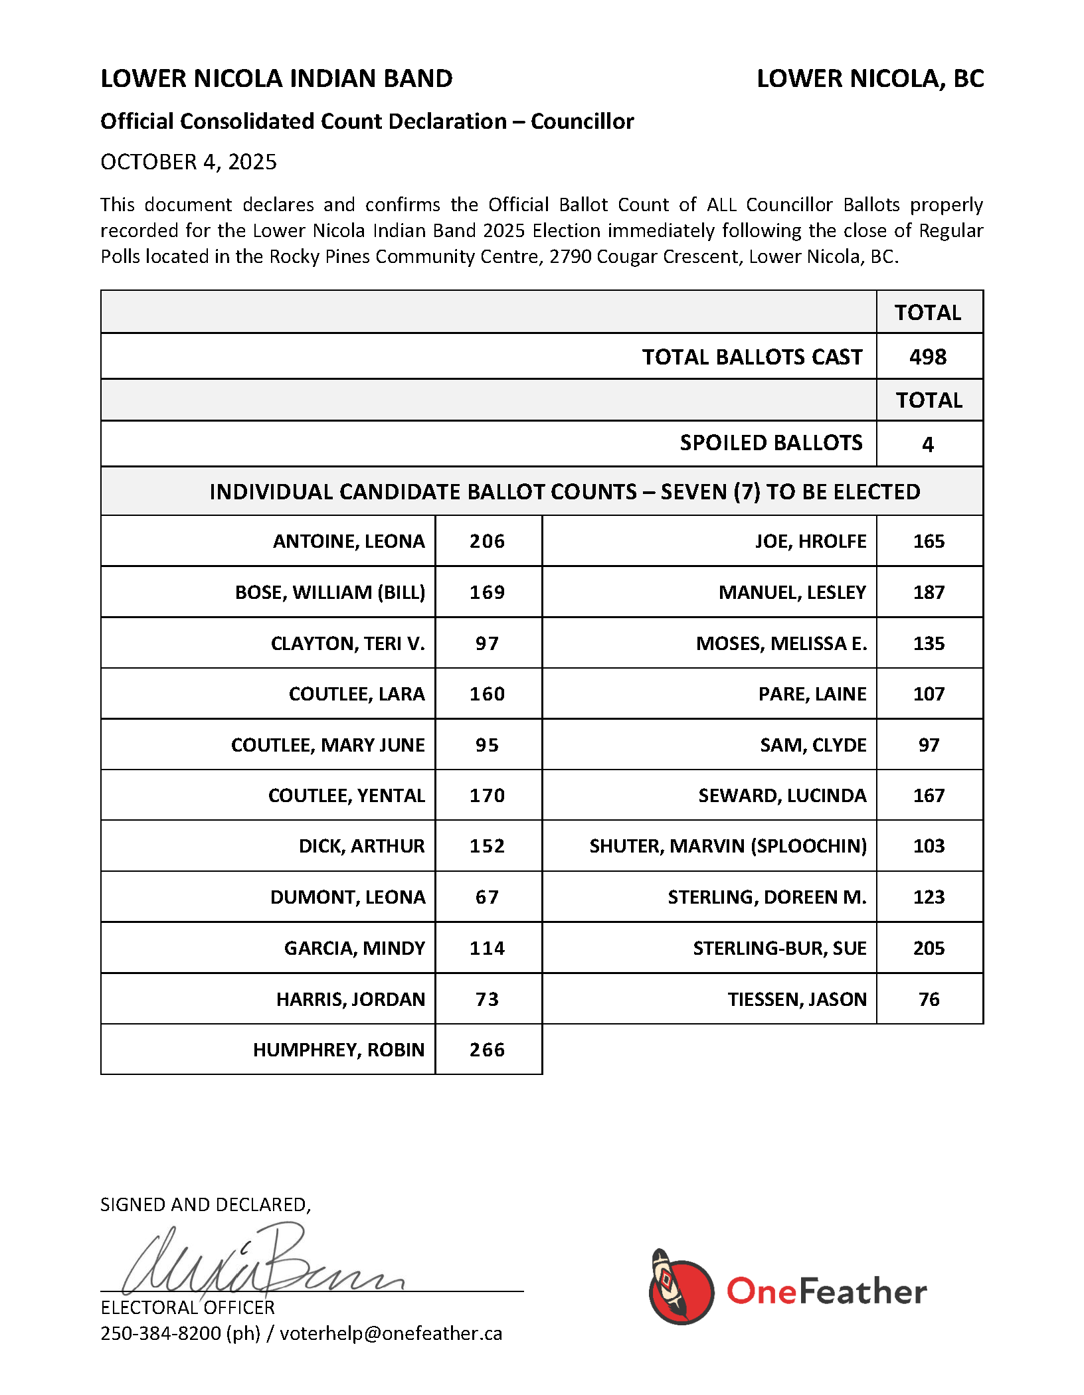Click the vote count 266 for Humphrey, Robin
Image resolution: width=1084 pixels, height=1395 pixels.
pyautogui.click(x=487, y=1050)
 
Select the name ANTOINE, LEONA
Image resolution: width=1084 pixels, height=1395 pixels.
pyautogui.click(x=349, y=542)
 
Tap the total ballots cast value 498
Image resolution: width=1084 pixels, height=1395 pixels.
pyautogui.click(x=928, y=357)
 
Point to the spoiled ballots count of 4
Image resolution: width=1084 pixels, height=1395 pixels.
pyautogui.click(x=928, y=444)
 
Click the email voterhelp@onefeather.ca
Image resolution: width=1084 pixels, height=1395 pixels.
pyautogui.click(x=391, y=1334)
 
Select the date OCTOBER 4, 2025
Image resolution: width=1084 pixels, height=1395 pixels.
pyautogui.click(x=189, y=162)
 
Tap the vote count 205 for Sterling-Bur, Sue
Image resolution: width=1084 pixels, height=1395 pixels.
pyautogui.click(x=929, y=948)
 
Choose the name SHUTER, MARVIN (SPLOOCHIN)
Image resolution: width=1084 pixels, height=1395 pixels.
pyautogui.click(x=728, y=846)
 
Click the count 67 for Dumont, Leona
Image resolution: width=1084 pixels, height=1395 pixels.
pyautogui.click(x=487, y=897)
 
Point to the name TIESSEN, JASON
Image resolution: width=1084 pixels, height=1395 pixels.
pyautogui.click(x=797, y=999)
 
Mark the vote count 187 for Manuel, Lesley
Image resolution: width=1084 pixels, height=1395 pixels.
pyautogui.click(x=929, y=592)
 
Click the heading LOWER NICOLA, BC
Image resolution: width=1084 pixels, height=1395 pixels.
pyautogui.click(x=870, y=79)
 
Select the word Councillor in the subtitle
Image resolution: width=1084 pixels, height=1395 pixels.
pyautogui.click(x=582, y=122)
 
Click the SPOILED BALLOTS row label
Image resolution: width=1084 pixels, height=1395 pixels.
pyautogui.click(x=770, y=443)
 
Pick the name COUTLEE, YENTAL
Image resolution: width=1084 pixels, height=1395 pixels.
pyautogui.click(x=346, y=795)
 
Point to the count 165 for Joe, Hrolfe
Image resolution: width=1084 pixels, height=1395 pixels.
pyautogui.click(x=929, y=542)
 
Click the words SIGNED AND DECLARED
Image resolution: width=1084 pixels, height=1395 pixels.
pyautogui.click(x=205, y=1204)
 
